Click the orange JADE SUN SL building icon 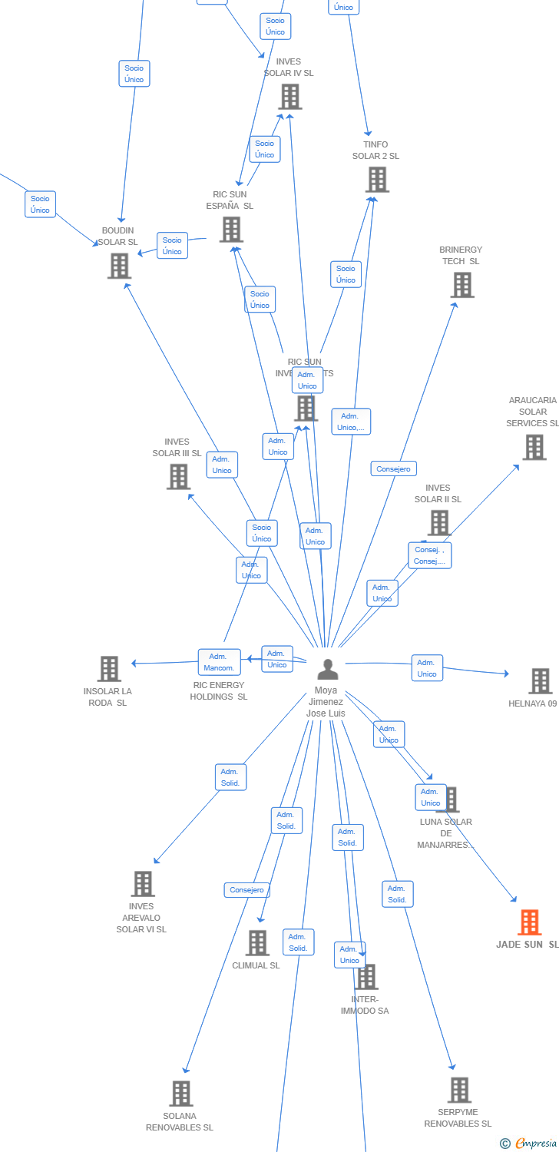(530, 922)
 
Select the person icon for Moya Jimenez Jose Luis (328, 670)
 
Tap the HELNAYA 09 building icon (540, 681)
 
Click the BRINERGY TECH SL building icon (462, 285)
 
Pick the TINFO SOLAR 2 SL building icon (377, 180)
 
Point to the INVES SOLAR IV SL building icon (289, 97)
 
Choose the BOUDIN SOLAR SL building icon (119, 266)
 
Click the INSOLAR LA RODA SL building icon (109, 669)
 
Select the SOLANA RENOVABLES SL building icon (181, 1094)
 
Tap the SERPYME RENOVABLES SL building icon (459, 1090)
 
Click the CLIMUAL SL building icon (257, 943)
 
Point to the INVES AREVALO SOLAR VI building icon (143, 884)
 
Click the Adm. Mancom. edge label (220, 662)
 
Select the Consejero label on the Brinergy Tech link (394, 468)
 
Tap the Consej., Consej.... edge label (430, 555)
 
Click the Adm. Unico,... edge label (352, 422)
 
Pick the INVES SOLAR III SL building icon (178, 477)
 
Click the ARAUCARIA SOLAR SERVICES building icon (534, 447)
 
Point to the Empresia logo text (535, 1144)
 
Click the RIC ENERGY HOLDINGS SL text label (219, 690)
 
